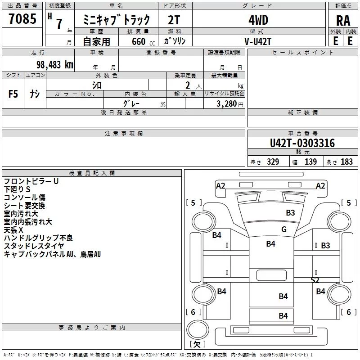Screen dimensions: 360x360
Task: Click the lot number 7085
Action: point(22,18)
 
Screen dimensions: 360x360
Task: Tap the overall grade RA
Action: point(343,21)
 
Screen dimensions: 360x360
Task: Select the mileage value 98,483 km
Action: point(55,65)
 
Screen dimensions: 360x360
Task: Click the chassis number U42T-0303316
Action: point(302,143)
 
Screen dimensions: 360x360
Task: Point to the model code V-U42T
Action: point(258,41)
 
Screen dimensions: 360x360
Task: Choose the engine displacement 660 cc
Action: point(143,41)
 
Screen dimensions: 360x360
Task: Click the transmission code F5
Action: point(13,94)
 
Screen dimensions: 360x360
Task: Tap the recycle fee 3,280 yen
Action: point(229,104)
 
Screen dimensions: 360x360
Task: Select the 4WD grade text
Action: point(258,20)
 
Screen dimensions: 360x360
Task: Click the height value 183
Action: point(346,162)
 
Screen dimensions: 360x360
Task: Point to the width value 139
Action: point(310,162)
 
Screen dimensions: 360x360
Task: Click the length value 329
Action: point(273,162)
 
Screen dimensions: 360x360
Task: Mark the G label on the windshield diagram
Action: point(284,229)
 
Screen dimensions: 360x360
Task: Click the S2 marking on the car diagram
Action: point(315,280)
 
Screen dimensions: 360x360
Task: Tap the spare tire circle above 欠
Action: point(198,329)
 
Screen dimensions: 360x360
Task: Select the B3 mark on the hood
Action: point(290,212)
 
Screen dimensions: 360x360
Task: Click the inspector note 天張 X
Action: point(13,230)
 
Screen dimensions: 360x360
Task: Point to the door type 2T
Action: point(174,20)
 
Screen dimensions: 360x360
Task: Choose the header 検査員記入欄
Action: point(92,173)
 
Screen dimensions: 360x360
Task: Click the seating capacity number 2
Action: point(188,85)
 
